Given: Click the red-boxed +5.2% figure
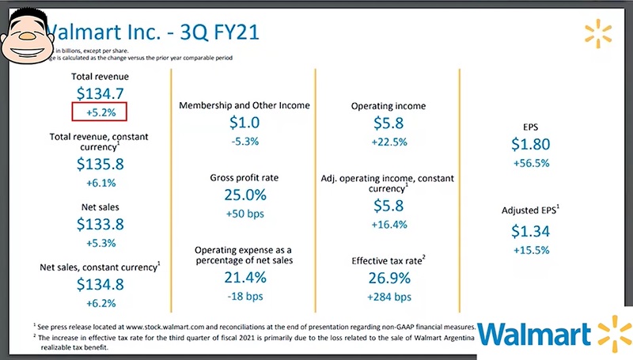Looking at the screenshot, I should coord(100,112).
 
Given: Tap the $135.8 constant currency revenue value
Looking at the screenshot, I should coord(100,164).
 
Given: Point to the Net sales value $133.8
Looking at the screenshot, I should coord(100,224).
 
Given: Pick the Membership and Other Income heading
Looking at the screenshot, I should coord(244,106).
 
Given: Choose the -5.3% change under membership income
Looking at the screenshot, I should coord(244,142).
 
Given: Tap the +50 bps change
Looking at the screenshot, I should coord(244,214).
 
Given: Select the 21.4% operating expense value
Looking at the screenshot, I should coord(244,278).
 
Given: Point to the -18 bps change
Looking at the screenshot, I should coord(244,297).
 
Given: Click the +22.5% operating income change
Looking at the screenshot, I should coord(388,142).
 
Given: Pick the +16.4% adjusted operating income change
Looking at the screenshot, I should coord(388,224).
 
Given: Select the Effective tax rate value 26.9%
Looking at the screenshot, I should coord(388,279).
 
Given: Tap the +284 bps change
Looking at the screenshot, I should coord(388,297).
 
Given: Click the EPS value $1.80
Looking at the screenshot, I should coord(530,145).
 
